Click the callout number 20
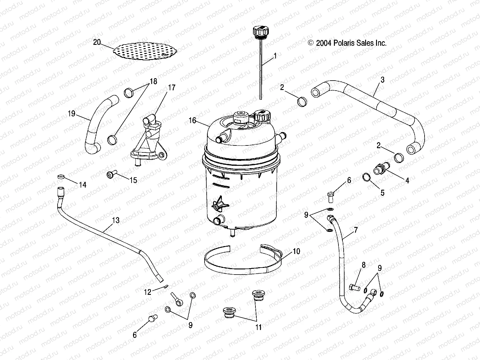[x=97, y=42]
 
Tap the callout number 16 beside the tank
[x=192, y=121]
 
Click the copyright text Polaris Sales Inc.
[x=347, y=43]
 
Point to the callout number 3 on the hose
[x=382, y=80]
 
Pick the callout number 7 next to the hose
[x=356, y=230]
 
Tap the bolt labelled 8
[x=354, y=287]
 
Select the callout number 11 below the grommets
[x=258, y=327]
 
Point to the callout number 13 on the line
[x=116, y=220]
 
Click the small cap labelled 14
[x=61, y=176]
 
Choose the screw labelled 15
[x=110, y=175]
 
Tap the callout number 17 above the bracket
[x=172, y=88]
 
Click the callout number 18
[x=153, y=81]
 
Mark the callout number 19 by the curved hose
[x=72, y=114]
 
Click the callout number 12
[x=147, y=292]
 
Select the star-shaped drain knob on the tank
[x=219, y=205]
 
